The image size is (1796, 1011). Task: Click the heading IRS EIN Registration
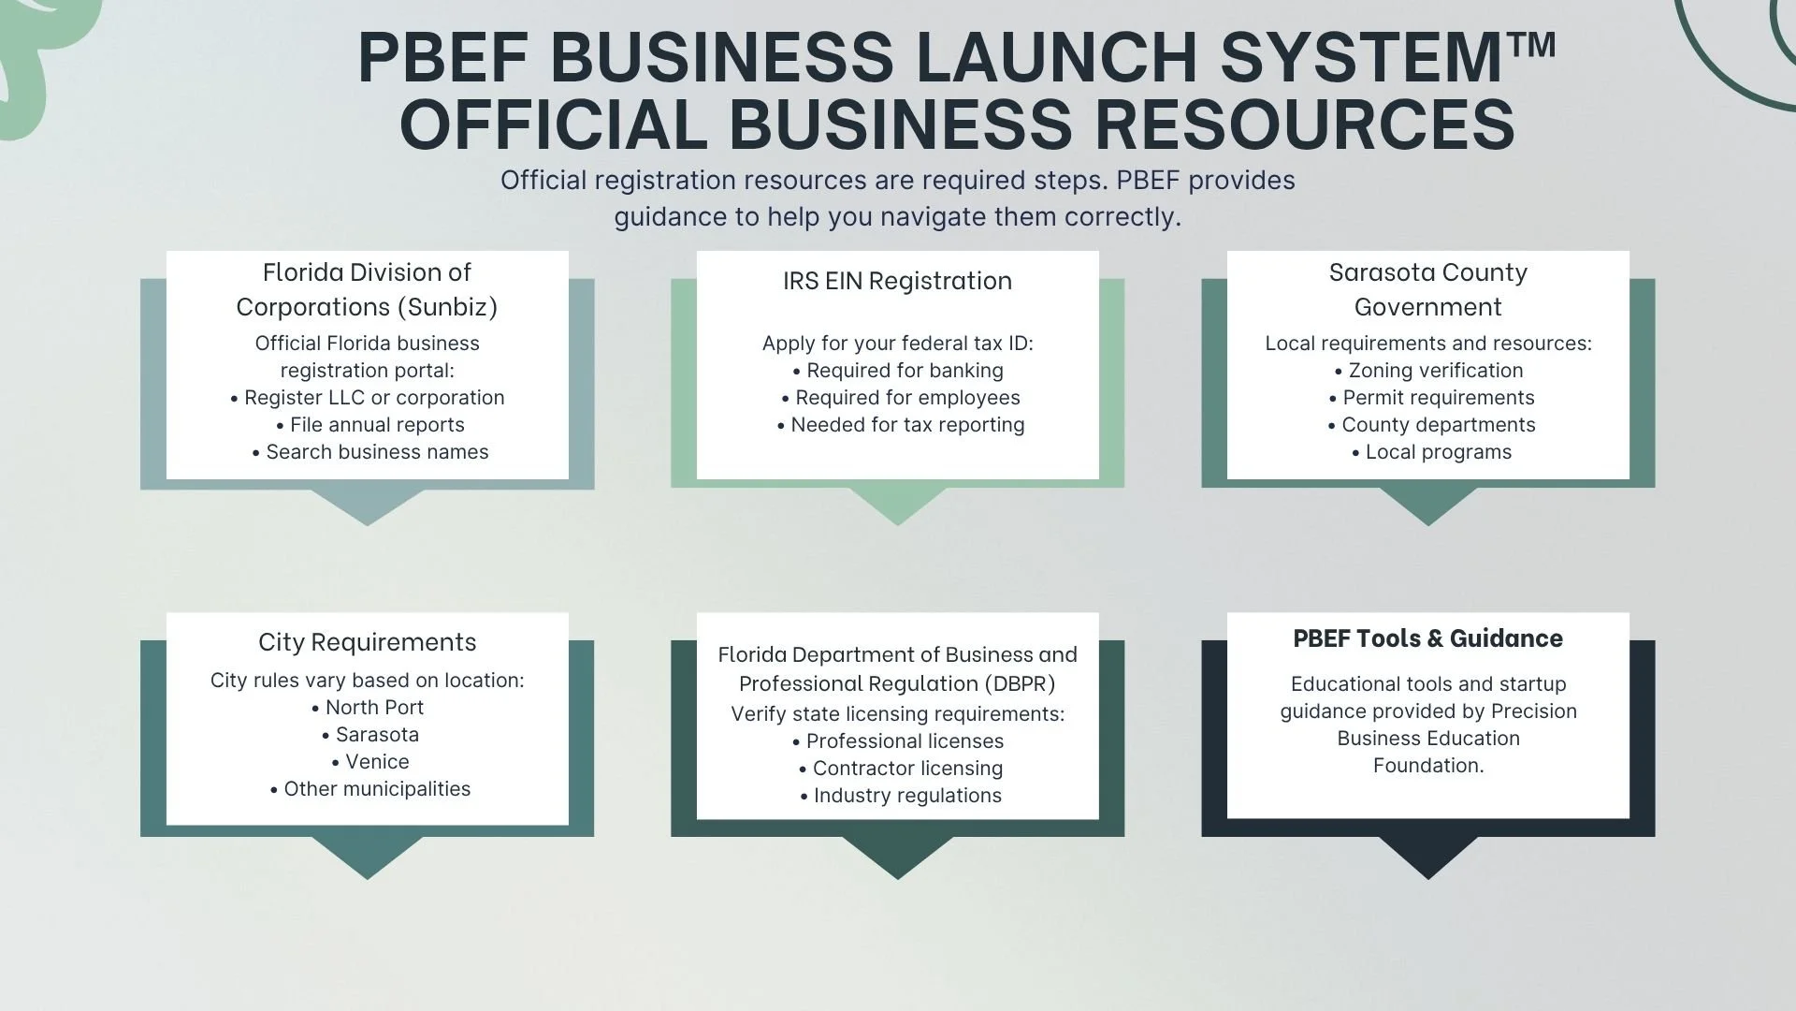pos(897,281)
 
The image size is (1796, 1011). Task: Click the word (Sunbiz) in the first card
pos(452,307)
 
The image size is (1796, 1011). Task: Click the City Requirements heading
pos(367,642)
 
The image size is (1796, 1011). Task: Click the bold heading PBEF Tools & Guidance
pos(1427,638)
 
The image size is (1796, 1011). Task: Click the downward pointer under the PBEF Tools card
pos(1427,856)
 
